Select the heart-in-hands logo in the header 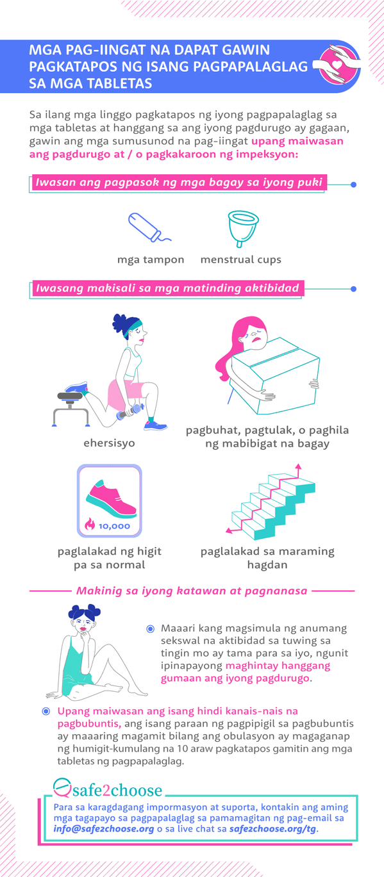(338, 65)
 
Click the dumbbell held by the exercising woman (130, 411)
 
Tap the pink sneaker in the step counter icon (111, 498)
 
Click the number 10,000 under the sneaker (114, 527)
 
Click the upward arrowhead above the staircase (298, 467)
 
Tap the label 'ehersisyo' (110, 443)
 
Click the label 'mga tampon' (151, 259)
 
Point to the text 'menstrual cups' (241, 259)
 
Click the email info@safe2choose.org (104, 829)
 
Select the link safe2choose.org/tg (273, 829)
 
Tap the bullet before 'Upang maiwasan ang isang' (46, 711)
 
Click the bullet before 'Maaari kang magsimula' (150, 629)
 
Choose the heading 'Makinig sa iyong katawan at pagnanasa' (192, 591)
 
